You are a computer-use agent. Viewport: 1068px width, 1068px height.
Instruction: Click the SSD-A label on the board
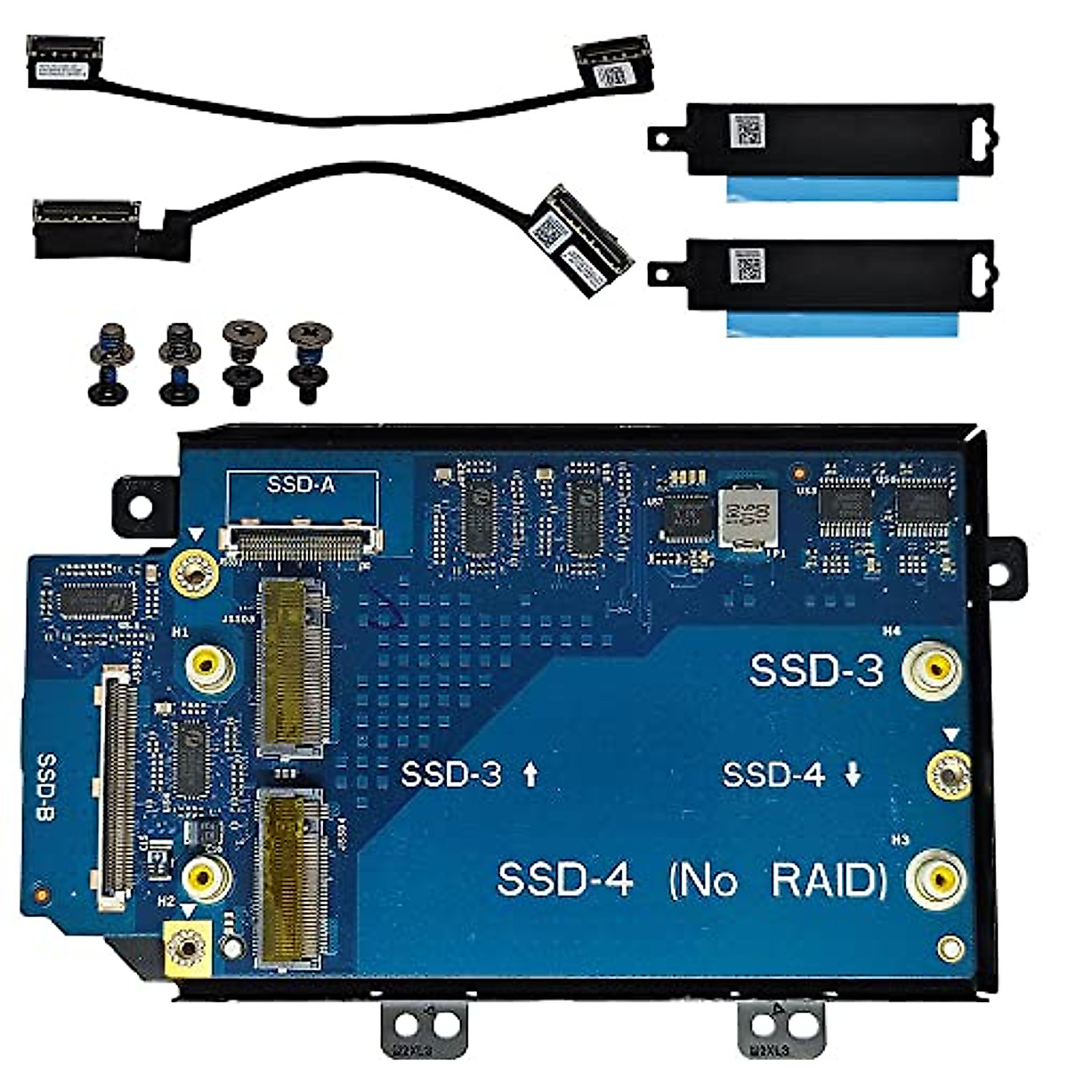[x=302, y=486]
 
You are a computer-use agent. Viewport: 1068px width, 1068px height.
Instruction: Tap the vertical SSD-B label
[x=47, y=788]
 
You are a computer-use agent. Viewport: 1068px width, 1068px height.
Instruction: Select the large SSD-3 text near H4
[x=816, y=670]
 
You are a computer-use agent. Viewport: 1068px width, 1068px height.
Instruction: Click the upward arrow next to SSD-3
[x=530, y=775]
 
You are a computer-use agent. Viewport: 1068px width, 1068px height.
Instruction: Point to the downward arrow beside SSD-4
[x=853, y=775]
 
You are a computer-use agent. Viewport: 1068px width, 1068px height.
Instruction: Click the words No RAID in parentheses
[x=778, y=881]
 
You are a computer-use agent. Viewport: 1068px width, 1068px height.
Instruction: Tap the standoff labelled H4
[x=932, y=667]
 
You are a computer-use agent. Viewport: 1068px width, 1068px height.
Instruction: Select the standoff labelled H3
[x=936, y=879]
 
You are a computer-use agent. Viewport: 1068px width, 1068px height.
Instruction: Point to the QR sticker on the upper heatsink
[x=747, y=132]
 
